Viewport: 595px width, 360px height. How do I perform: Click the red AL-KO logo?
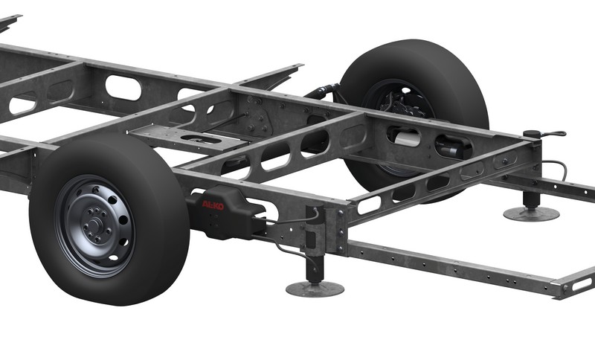tap(213, 205)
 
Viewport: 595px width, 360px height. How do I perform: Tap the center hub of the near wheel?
tap(94, 226)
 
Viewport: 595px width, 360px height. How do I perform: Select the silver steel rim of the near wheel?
tap(95, 226)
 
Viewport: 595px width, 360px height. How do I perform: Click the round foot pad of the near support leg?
tap(315, 289)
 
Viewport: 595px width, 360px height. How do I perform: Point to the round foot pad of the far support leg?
tap(531, 214)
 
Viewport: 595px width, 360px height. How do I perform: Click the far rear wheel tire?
tap(414, 114)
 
